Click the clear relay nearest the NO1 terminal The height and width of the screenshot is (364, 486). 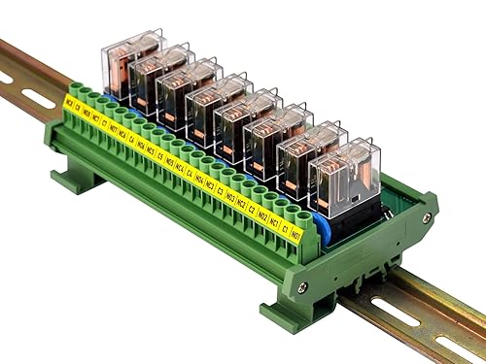point(346,175)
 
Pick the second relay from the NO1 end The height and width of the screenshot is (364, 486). point(310,154)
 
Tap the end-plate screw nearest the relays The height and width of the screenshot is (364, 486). point(427,216)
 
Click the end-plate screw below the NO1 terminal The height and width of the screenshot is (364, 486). point(303,286)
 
